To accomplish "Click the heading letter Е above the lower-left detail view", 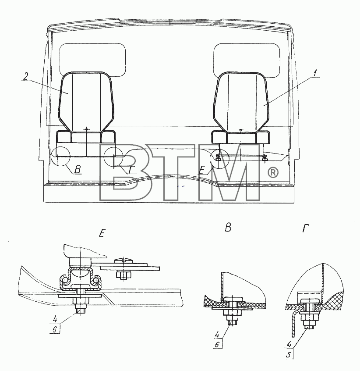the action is coord(102,234).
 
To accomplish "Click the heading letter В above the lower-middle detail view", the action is coord(228,228).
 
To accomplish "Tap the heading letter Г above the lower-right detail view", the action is coord(306,228).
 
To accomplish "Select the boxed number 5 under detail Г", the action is coord(289,355).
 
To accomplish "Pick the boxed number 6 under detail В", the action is coord(217,345).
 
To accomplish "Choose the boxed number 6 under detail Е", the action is coord(55,329).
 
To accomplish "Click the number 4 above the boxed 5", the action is coord(289,345).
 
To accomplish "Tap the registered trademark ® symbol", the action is coord(273,172).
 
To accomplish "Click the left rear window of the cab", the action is coord(92,60).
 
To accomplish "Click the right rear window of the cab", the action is coord(247,61).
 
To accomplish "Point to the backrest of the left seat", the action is coord(86,101).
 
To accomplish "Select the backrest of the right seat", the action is coord(241,102).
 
